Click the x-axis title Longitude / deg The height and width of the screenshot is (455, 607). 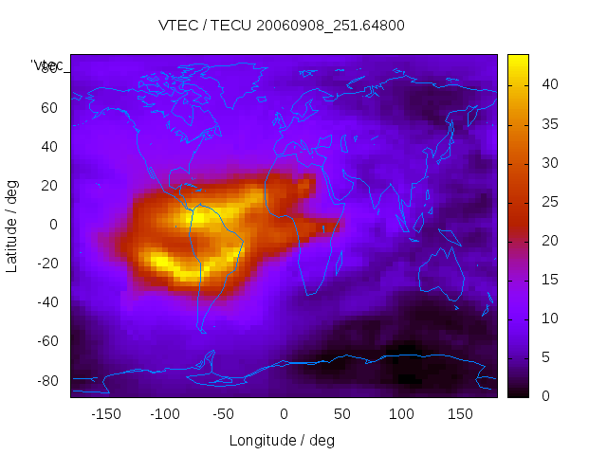point(282,441)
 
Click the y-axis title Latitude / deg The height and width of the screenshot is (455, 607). point(12,225)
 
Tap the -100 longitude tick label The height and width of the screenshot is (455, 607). point(164,414)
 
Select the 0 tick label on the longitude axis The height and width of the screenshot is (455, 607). point(284,414)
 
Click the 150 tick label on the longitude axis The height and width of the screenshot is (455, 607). point(460,414)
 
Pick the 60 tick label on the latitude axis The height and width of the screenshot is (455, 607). point(49,108)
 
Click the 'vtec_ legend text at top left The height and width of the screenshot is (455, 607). point(48,65)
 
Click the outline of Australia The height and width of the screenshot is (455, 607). point(442,276)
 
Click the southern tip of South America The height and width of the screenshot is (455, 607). point(202,330)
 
